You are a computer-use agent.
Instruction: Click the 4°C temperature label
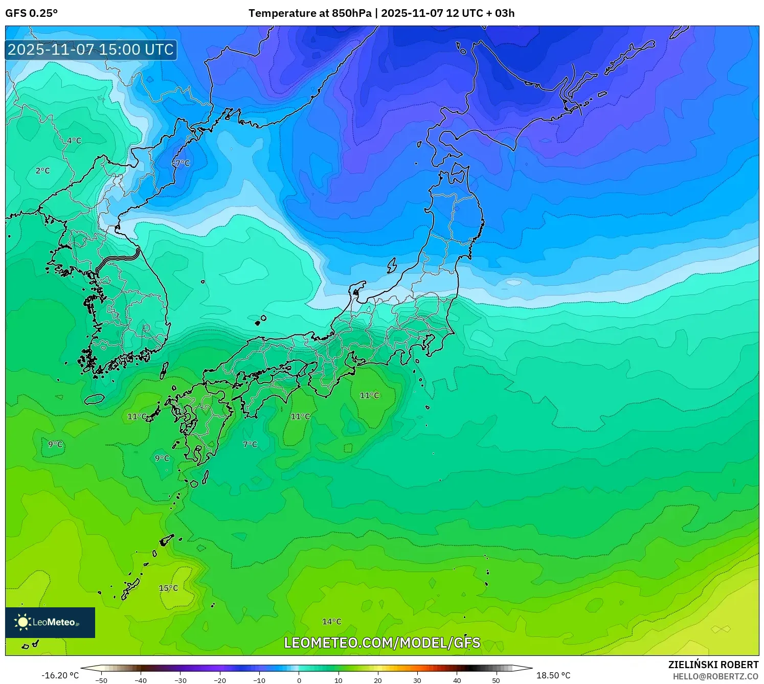click(74, 141)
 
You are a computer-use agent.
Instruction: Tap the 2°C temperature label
click(43, 171)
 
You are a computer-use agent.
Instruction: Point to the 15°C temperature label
click(168, 588)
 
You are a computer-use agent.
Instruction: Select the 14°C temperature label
click(331, 622)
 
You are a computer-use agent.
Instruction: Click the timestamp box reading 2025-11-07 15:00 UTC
click(91, 50)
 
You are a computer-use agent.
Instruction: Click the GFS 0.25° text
click(31, 13)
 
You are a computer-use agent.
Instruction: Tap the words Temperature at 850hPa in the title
click(310, 13)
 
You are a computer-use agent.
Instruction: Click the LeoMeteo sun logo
click(23, 622)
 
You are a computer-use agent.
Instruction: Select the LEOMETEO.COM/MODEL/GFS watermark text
click(382, 643)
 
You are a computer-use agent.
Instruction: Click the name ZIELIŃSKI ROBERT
click(713, 665)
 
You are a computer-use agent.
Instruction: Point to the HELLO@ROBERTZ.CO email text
click(715, 676)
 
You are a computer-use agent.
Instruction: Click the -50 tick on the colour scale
click(101, 680)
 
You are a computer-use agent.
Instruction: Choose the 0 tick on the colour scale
click(299, 680)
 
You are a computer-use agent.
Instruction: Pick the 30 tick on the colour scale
click(417, 680)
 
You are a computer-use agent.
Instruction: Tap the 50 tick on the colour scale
click(496, 680)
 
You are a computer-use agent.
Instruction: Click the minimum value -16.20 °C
click(60, 675)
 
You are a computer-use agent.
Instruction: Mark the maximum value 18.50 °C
click(553, 675)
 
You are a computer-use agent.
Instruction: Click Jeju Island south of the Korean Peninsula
click(95, 399)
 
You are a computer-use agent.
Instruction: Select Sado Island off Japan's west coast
click(392, 265)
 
